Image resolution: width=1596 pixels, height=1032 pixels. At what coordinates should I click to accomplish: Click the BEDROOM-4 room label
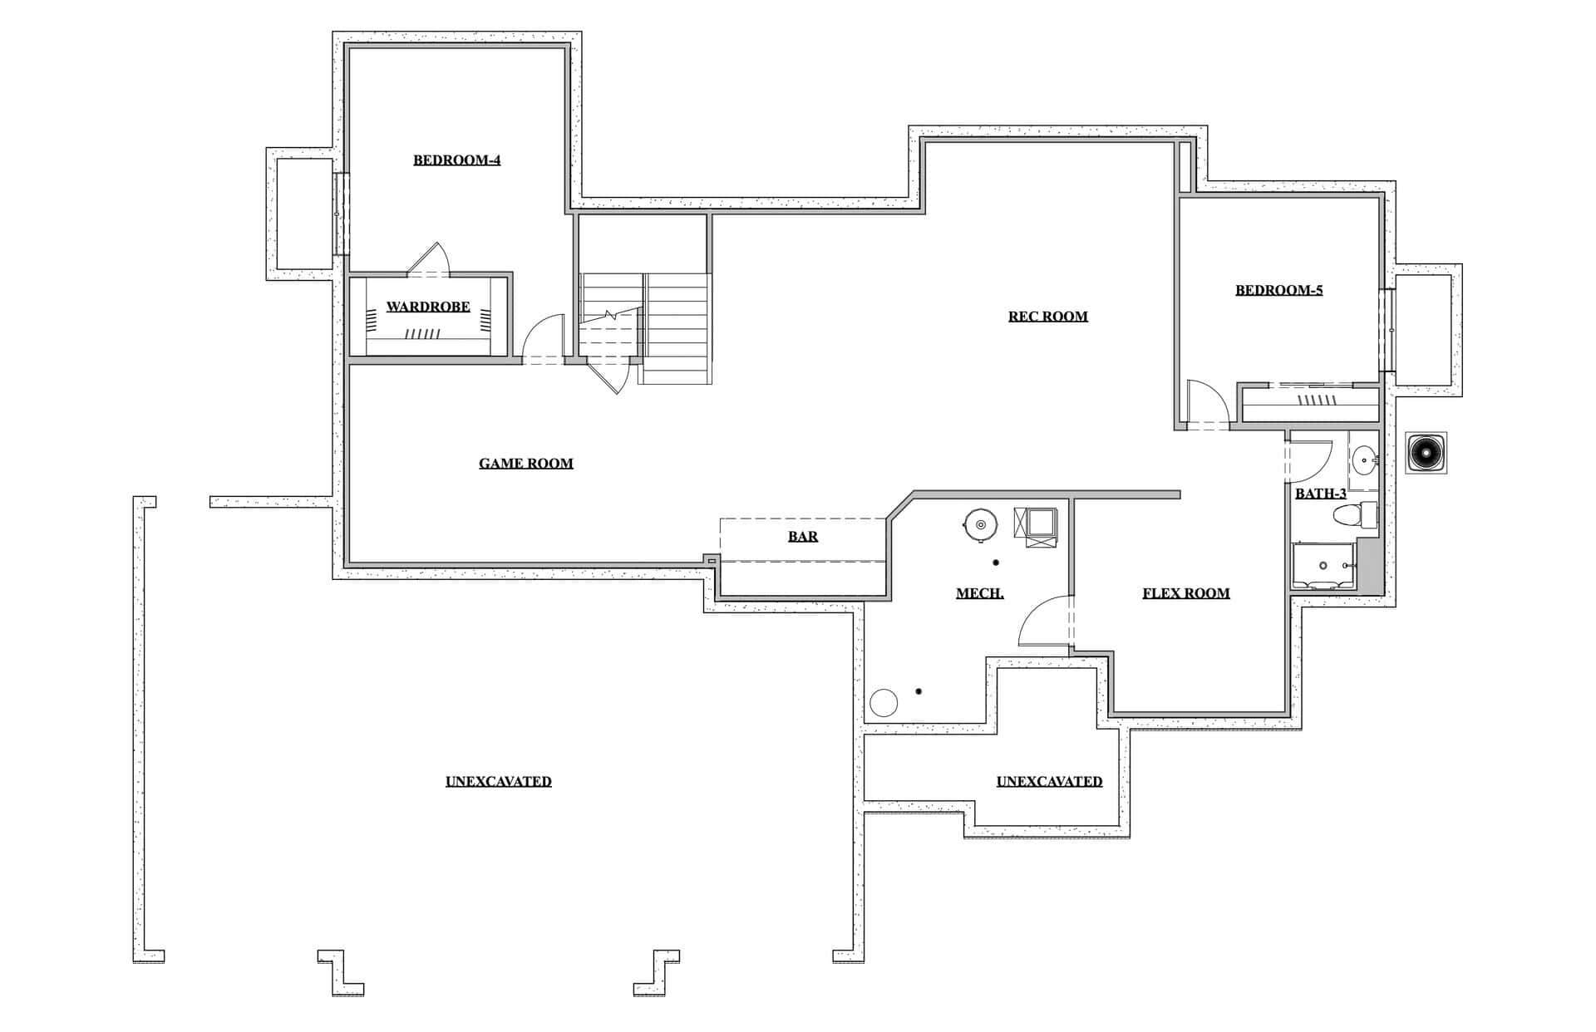(456, 160)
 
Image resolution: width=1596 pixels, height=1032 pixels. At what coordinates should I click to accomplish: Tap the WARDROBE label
(428, 307)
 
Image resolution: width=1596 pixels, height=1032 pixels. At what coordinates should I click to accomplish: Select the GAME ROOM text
(526, 464)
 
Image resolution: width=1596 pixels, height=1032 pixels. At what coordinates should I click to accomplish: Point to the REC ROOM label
(1048, 316)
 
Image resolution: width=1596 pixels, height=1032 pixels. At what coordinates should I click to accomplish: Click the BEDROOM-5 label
(1278, 290)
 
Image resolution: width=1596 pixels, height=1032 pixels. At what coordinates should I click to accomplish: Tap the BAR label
(803, 537)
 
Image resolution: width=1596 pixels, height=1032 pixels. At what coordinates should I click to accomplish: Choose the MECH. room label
(980, 593)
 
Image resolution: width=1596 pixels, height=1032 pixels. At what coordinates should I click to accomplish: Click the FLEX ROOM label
(1186, 593)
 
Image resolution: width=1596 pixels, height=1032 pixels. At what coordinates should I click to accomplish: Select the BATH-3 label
(1321, 494)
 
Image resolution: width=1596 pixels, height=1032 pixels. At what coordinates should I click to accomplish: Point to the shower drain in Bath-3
(1323, 566)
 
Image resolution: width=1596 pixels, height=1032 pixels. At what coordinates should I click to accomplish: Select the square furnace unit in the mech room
(1035, 526)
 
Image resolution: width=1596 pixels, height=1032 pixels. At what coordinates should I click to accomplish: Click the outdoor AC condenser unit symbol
(1426, 453)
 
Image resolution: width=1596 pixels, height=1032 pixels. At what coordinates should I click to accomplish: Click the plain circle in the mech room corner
(884, 703)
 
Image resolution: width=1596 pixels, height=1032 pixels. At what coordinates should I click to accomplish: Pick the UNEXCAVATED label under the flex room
(1049, 782)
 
